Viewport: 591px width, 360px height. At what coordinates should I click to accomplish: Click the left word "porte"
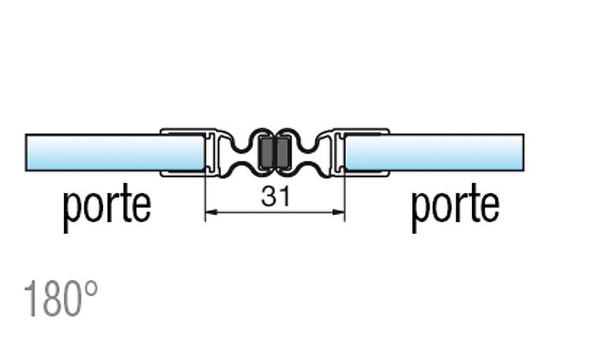pyautogui.click(x=107, y=207)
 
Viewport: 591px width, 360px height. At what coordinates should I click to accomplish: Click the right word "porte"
pyautogui.click(x=455, y=207)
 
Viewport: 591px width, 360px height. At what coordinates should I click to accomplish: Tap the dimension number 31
pyautogui.click(x=276, y=196)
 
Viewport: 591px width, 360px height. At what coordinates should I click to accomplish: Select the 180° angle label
pyautogui.click(x=61, y=299)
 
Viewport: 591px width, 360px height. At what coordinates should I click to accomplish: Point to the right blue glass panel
pyautogui.click(x=434, y=153)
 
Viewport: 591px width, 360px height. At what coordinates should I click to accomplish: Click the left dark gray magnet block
pyautogui.click(x=267, y=153)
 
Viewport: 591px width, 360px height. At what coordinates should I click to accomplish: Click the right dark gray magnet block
pyautogui.click(x=283, y=153)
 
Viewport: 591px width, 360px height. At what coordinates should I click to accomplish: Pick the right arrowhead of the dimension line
pyautogui.click(x=339, y=213)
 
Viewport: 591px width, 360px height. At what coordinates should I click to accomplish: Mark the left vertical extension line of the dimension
pyautogui.click(x=205, y=196)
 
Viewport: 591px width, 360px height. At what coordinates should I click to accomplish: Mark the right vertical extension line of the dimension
pyautogui.click(x=345, y=196)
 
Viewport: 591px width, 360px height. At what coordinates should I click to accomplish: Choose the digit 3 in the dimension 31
pyautogui.click(x=269, y=196)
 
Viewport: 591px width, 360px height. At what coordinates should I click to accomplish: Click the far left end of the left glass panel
pyautogui.click(x=26, y=153)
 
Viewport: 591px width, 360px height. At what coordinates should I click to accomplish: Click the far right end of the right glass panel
pyautogui.click(x=524, y=153)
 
